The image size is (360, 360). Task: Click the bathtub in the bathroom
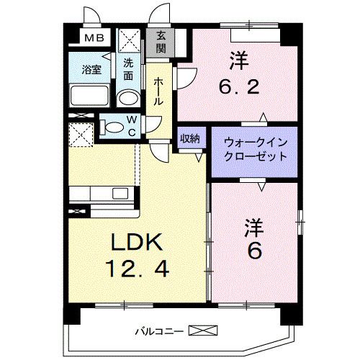[x=89, y=96]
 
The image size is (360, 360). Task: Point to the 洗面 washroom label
[x=128, y=68]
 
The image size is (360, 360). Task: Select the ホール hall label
[x=159, y=91]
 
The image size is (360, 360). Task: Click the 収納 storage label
[x=190, y=139]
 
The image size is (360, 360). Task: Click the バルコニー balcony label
[x=158, y=332]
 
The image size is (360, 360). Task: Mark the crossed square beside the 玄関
[x=130, y=38]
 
